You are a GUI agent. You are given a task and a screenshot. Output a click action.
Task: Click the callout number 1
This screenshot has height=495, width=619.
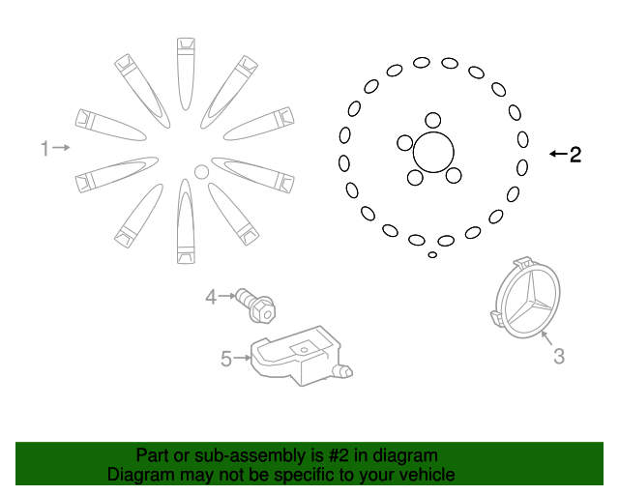point(44,148)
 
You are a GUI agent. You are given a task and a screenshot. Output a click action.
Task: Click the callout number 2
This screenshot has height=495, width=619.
point(575,154)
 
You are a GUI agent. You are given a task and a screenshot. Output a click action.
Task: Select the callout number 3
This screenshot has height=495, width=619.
point(558,357)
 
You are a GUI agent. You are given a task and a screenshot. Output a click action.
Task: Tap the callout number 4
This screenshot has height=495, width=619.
point(211,297)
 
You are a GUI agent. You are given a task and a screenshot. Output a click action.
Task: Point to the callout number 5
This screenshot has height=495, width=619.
point(226,360)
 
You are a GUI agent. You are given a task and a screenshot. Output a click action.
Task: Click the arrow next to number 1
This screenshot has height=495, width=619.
point(61,148)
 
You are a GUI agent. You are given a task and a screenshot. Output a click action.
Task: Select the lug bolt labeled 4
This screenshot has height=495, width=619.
point(255,305)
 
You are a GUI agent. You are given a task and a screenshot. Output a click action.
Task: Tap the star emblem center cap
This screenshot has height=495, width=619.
point(526,301)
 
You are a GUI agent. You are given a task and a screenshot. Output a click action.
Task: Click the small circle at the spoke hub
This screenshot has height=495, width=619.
point(201,172)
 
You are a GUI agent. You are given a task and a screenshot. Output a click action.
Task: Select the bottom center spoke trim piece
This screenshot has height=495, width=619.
point(185,222)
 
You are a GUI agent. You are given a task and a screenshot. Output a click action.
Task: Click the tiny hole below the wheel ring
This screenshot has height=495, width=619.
point(432,255)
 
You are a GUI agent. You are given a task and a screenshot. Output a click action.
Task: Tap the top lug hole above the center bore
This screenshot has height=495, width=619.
point(433,121)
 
